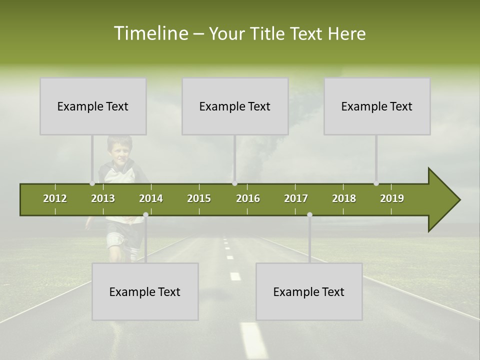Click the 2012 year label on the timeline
[55, 198]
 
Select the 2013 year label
[103, 198]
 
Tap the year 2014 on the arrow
[151, 198]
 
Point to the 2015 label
[199, 198]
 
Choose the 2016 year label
[248, 198]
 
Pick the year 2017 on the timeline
[296, 198]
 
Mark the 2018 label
[344, 198]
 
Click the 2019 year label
[392, 198]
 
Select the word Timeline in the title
[150, 33]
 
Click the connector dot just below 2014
[145, 215]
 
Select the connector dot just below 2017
[309, 215]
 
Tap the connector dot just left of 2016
[234, 183]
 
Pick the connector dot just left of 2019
[376, 183]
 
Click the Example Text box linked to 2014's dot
[145, 291]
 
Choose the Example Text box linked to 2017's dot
[309, 291]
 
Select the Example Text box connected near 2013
[93, 106]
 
